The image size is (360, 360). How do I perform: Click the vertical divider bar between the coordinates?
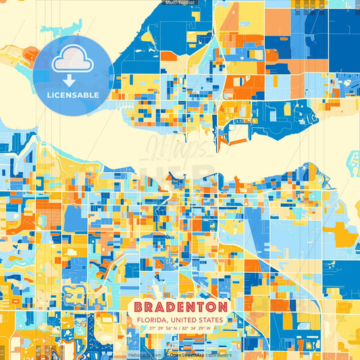point(179,328)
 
